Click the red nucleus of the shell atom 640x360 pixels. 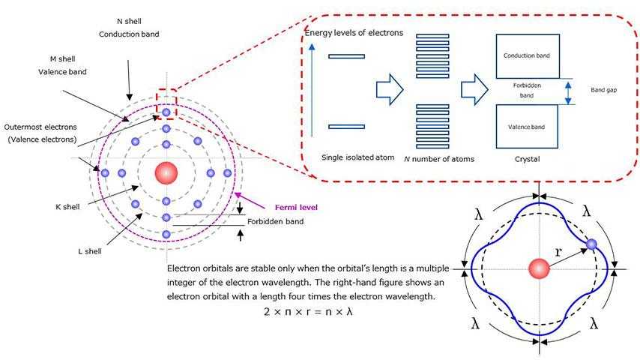[166, 172]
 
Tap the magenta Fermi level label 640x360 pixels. [296, 207]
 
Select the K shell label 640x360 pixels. [67, 207]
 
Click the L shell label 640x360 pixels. [90, 251]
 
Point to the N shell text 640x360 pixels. [129, 21]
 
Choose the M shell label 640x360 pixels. [62, 58]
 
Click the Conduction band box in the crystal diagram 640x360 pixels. [528, 56]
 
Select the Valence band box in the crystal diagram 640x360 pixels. [527, 127]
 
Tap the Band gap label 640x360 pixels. [604, 90]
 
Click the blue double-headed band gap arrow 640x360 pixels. [568, 93]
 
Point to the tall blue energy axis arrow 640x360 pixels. [312, 90]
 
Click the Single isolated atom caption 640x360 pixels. [358, 157]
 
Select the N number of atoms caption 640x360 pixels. [439, 159]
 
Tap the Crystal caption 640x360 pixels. [528, 159]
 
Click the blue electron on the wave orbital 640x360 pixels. [591, 244]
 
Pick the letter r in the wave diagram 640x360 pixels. [558, 252]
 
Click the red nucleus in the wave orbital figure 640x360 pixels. [539, 269]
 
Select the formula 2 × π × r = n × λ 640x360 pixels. [308, 311]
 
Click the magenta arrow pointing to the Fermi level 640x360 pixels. [250, 201]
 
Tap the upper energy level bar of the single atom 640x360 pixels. [346, 56]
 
